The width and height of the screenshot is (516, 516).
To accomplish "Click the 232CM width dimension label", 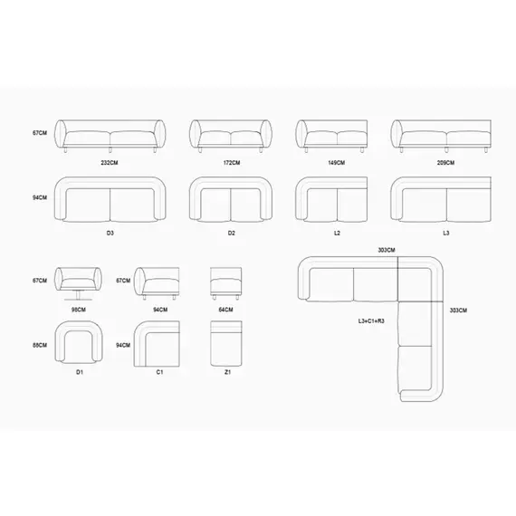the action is (110, 163).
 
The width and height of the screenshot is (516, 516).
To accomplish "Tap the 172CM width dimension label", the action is (232, 163).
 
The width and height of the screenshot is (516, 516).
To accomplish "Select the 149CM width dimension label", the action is (337, 163).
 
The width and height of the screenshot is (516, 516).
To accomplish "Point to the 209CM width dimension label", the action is (445, 163).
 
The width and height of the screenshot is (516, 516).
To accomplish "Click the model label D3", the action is (110, 233).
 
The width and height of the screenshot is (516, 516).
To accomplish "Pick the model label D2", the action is (232, 233).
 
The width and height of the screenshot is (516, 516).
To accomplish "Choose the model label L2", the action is (337, 233).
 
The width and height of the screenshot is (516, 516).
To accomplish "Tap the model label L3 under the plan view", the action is (446, 233).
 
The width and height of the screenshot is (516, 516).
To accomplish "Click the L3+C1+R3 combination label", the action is (371, 320).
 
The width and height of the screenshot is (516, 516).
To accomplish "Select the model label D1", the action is (80, 372).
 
